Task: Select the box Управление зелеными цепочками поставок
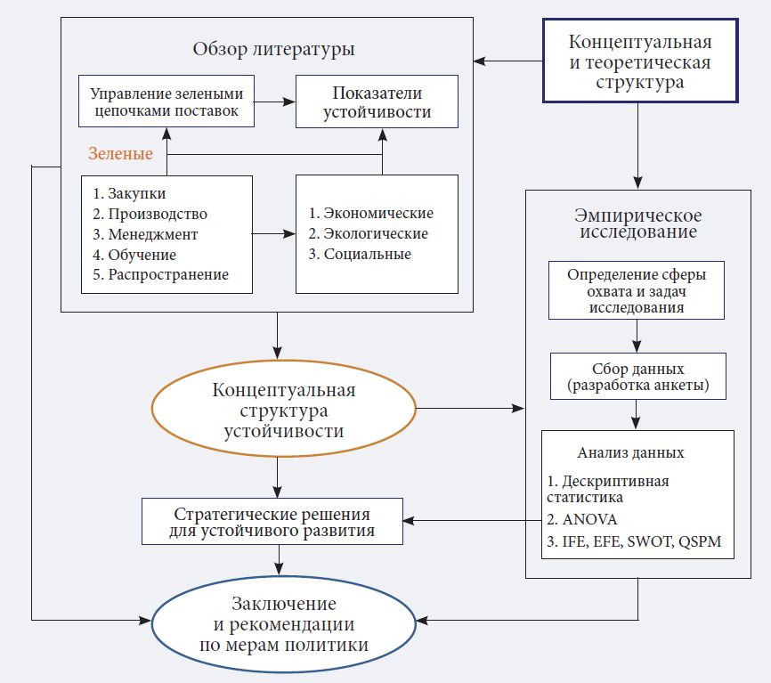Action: pos(166,102)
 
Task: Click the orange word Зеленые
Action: pos(121,154)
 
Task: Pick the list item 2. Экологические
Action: pos(369,234)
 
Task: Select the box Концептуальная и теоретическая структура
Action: pos(639,62)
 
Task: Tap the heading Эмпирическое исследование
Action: pos(637,224)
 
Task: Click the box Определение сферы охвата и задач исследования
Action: pos(637,289)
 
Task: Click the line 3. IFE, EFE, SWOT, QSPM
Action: pos(634,542)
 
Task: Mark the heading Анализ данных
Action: pos(637,452)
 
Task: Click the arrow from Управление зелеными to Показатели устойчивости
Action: pos(275,102)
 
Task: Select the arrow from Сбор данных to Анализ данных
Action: pos(637,414)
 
